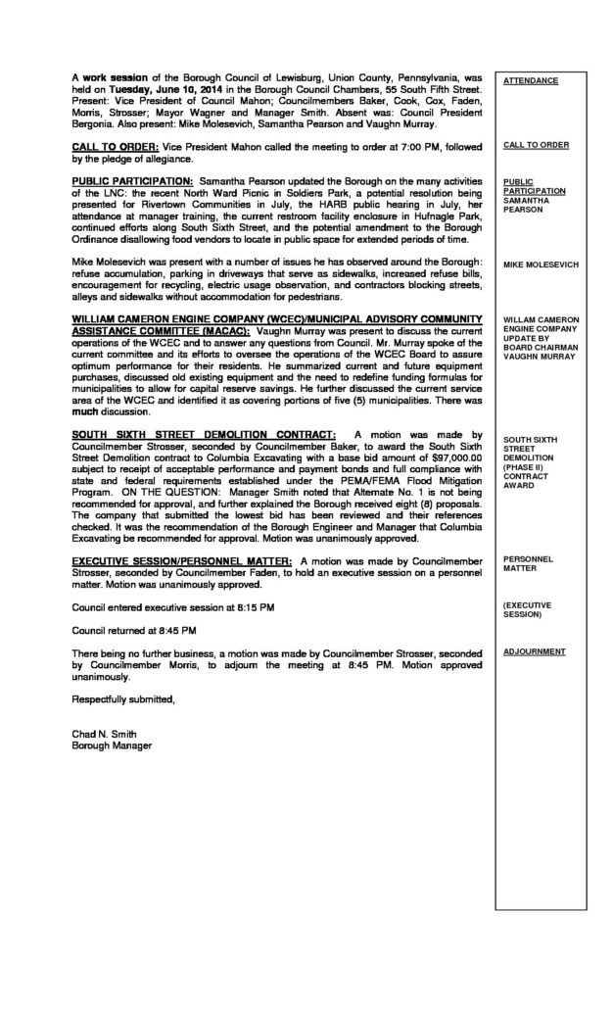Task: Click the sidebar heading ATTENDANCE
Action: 530,80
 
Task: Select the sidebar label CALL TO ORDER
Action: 536,145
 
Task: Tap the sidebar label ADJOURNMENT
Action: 535,650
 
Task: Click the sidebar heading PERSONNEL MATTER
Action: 529,563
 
